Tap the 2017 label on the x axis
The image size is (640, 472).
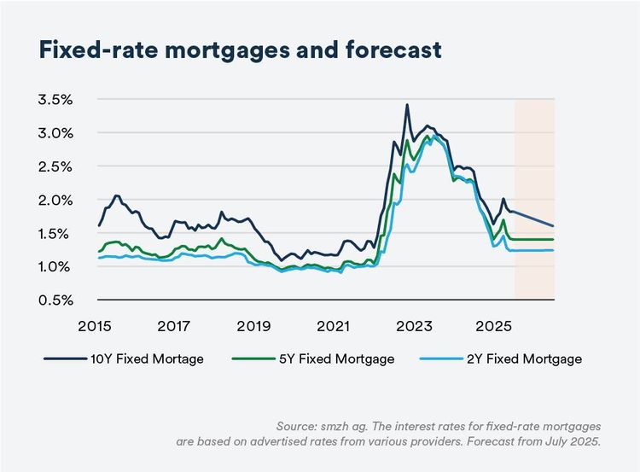pyautogui.click(x=174, y=326)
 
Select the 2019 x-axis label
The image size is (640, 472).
pyautogui.click(x=253, y=326)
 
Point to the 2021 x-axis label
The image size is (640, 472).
pyautogui.click(x=333, y=326)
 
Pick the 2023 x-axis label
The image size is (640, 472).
pyautogui.click(x=413, y=326)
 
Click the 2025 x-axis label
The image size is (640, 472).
pyautogui.click(x=492, y=326)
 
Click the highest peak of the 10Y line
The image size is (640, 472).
pyautogui.click(x=407, y=105)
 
